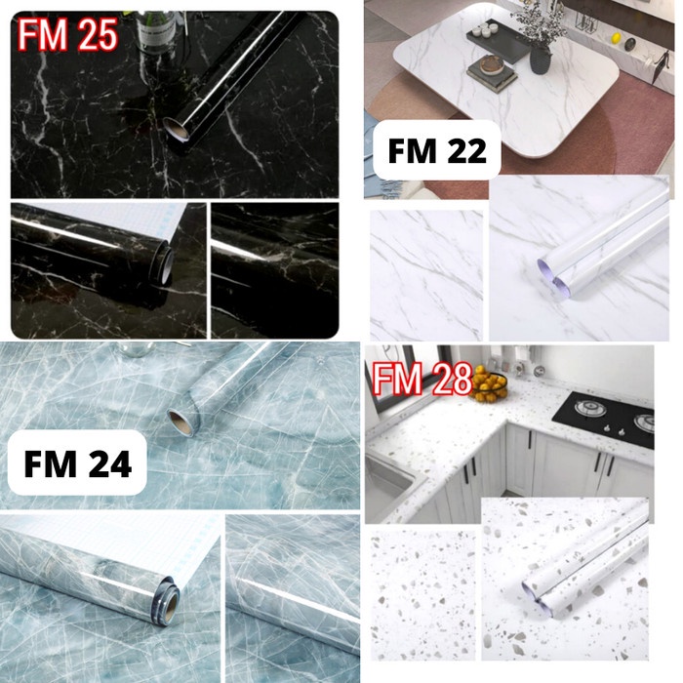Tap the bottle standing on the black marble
coord(152,25)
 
